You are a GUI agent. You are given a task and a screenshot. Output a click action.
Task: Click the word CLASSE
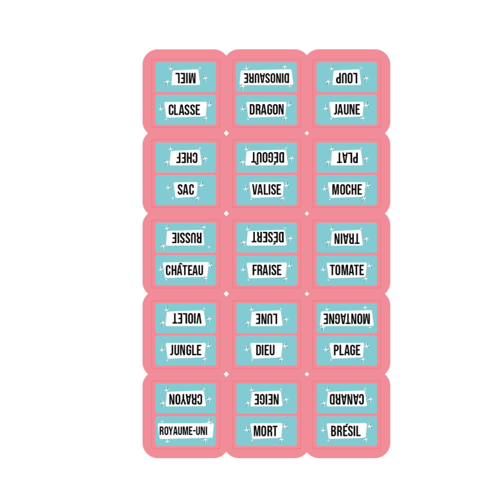pyautogui.click(x=184, y=109)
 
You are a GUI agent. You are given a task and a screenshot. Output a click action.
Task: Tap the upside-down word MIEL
pyautogui.click(x=184, y=77)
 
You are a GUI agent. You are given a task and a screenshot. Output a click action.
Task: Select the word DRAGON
pyautogui.click(x=267, y=109)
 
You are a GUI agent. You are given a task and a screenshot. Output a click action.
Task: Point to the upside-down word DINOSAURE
pyautogui.click(x=267, y=77)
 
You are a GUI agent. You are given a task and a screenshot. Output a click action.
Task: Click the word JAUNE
pyautogui.click(x=347, y=109)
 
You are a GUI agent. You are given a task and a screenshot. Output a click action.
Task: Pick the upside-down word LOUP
pyautogui.click(x=347, y=77)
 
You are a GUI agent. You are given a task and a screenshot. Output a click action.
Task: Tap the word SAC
pyautogui.click(x=185, y=190)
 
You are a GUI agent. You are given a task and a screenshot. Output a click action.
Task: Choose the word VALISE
pyautogui.click(x=267, y=190)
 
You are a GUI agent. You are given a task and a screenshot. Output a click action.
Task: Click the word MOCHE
pyautogui.click(x=347, y=190)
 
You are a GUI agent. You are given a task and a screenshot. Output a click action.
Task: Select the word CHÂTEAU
pyautogui.click(x=185, y=270)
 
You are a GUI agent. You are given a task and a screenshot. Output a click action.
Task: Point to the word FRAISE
pyautogui.click(x=267, y=270)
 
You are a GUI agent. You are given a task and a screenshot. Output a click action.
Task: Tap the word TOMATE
pyautogui.click(x=347, y=270)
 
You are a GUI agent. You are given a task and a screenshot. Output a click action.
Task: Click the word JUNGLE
pyautogui.click(x=185, y=351)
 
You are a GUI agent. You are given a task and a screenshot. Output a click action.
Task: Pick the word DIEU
pyautogui.click(x=265, y=351)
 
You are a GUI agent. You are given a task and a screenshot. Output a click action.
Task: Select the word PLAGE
pyautogui.click(x=347, y=351)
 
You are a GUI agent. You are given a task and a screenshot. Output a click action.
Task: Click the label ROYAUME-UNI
pyautogui.click(x=186, y=431)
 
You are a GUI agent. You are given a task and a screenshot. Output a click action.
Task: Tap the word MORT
pyautogui.click(x=265, y=431)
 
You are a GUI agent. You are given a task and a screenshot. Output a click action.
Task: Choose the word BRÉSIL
pyautogui.click(x=347, y=431)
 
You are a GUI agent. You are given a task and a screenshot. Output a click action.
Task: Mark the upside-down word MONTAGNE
pyautogui.click(x=347, y=318)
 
